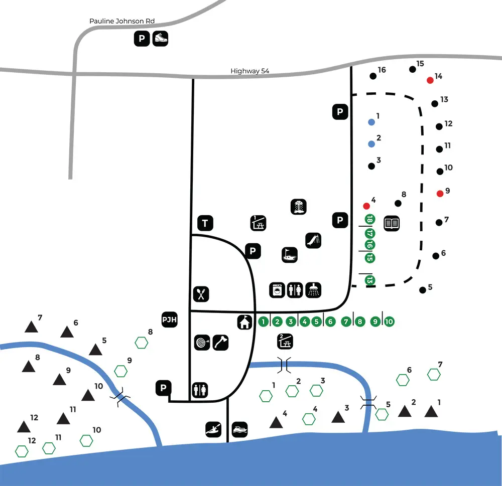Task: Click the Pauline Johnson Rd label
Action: [x=122, y=21]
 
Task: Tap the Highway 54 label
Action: [x=249, y=71]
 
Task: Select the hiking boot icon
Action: [x=160, y=39]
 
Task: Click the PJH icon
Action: [x=169, y=319]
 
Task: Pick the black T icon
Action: [x=205, y=223]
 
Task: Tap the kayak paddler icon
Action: [x=213, y=429]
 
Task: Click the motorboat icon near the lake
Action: [x=239, y=429]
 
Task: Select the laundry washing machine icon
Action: [x=277, y=290]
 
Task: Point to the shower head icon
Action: [x=313, y=290]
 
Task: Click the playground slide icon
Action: [x=313, y=241]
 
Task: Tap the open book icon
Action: [x=391, y=223]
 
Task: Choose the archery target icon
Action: [x=202, y=343]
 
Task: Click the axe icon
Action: [x=220, y=343]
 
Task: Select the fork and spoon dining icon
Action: [x=201, y=294]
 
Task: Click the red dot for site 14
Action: [x=430, y=80]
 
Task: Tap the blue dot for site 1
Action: [x=371, y=122]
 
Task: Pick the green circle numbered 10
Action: [x=389, y=321]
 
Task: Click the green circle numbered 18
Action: [x=370, y=220]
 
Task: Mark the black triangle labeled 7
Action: [x=31, y=327]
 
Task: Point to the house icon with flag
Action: [x=245, y=322]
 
